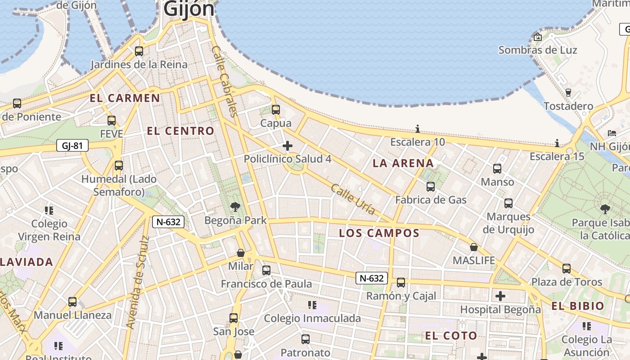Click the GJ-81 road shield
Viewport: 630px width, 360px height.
[72, 145]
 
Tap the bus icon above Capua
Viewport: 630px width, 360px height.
[276, 109]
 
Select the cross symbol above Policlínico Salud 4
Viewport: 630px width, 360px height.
[287, 146]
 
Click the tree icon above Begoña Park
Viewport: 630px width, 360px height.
[235, 207]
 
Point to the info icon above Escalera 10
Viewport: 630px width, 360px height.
[418, 129]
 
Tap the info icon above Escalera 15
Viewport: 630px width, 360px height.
[557, 143]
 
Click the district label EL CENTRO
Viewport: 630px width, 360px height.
[180, 131]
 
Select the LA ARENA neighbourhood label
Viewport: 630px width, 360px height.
[403, 163]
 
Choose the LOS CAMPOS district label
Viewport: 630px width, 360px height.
[379, 233]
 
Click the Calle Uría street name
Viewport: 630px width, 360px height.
[353, 199]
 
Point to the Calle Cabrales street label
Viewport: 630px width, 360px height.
[224, 81]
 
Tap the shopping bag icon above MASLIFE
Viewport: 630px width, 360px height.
[473, 247]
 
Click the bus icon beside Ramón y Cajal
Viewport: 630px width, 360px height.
[400, 283]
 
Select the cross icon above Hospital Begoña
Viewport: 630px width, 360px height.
[500, 296]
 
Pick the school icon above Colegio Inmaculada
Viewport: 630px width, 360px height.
[312, 305]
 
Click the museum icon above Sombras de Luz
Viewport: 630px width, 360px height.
[537, 37]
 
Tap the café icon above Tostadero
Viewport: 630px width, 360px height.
[568, 93]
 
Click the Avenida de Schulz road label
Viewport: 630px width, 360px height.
[137, 281]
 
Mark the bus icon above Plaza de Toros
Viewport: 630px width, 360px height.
[567, 269]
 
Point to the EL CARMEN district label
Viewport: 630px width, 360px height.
[125, 98]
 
